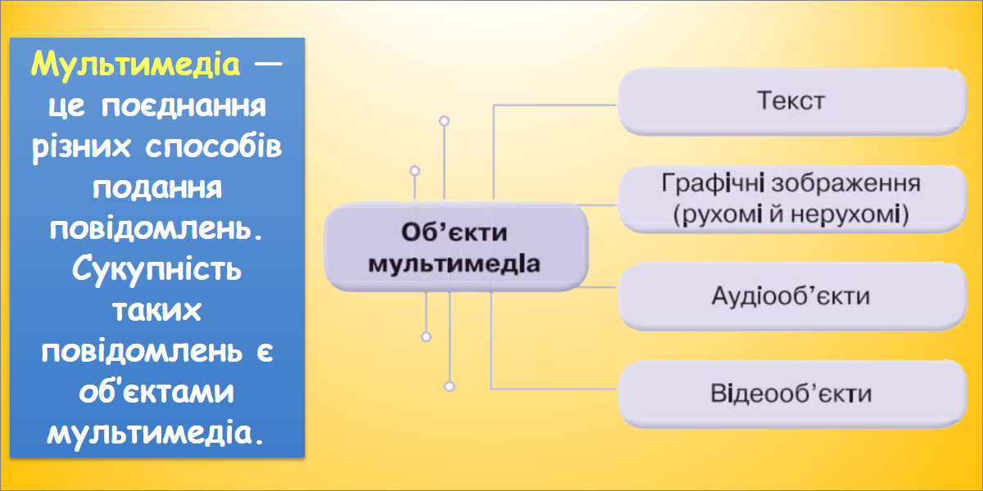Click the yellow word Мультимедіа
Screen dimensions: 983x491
136,65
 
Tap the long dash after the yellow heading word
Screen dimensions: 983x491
268,64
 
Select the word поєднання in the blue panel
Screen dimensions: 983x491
183,106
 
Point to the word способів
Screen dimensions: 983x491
214,146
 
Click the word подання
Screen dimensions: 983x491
157,188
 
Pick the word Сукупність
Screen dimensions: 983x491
156,269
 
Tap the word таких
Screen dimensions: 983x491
157,310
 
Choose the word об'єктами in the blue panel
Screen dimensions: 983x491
156,391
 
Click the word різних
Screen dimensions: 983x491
81,147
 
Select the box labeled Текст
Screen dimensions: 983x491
793,101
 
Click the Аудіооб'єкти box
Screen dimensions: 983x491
793,296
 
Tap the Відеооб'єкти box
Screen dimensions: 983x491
793,394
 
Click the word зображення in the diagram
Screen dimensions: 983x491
846,183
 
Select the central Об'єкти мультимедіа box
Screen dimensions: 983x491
456,247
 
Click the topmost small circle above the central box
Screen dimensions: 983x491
444,121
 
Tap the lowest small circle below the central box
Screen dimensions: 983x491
450,386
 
